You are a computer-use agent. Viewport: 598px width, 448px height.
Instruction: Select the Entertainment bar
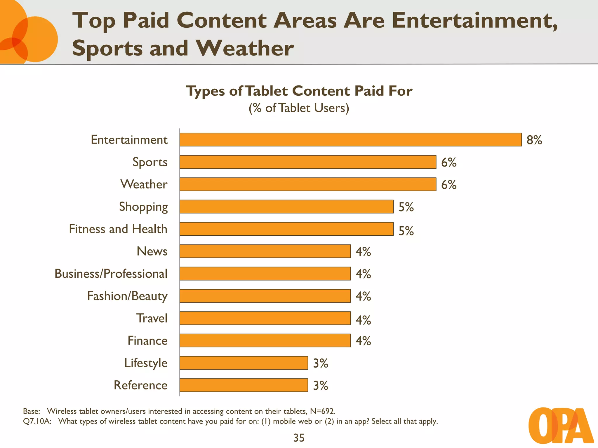click(350, 140)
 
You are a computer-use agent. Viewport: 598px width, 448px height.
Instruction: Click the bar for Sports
click(308, 162)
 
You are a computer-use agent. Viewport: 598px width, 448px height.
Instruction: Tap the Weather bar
click(308, 184)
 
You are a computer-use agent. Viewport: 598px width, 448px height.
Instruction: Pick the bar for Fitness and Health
click(286, 229)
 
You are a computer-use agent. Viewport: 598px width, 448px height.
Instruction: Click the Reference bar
click(244, 385)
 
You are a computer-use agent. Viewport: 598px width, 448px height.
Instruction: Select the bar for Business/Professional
click(265, 274)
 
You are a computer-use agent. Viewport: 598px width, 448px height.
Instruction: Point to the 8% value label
click(534, 140)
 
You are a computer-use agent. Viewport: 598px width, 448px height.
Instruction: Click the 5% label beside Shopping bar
click(406, 207)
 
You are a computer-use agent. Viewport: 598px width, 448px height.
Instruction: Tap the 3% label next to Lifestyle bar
click(320, 363)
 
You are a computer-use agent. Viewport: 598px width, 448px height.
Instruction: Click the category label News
click(152, 251)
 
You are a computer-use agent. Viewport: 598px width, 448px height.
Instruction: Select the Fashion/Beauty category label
click(127, 296)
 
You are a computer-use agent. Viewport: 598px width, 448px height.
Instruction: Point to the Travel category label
click(152, 318)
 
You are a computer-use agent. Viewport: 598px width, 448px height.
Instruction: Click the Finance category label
click(147, 341)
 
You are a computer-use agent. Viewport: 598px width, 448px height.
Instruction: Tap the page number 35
click(299, 438)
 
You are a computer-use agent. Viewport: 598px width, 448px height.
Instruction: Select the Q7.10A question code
click(37, 421)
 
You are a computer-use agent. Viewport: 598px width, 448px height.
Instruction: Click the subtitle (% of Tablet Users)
click(299, 108)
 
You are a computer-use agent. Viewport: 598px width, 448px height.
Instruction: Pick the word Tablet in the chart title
click(267, 91)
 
